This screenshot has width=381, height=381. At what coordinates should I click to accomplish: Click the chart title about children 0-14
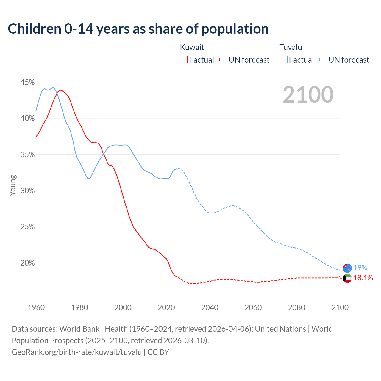138,29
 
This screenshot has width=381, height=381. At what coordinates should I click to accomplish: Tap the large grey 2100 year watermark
308,95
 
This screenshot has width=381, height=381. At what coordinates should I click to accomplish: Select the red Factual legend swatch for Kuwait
184,60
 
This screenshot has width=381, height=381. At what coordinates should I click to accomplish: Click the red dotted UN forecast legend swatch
223,60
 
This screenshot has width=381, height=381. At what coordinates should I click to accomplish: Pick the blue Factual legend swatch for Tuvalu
284,60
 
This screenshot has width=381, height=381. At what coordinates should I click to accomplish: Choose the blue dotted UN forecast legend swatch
323,60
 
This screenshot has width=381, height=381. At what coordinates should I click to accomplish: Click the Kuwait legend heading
192,47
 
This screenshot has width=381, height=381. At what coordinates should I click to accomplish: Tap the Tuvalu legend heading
291,47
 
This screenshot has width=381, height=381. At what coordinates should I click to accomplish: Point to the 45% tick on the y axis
27,82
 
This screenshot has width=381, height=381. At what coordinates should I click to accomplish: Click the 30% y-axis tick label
27,191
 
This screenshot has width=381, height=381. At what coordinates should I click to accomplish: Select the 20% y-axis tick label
27,263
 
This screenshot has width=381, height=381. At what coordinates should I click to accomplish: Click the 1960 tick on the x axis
36,307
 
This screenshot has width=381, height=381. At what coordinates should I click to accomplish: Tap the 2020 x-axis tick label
166,307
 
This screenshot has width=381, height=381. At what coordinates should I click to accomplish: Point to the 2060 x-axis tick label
253,307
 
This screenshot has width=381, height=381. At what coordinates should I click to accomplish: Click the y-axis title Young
13,185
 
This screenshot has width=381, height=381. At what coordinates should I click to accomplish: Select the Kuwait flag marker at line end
347,278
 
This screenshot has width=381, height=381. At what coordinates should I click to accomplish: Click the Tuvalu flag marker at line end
347,268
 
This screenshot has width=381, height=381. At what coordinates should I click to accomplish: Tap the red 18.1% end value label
363,278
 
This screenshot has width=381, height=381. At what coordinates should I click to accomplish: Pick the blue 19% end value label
360,268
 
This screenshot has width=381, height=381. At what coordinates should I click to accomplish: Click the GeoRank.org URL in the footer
77,352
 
